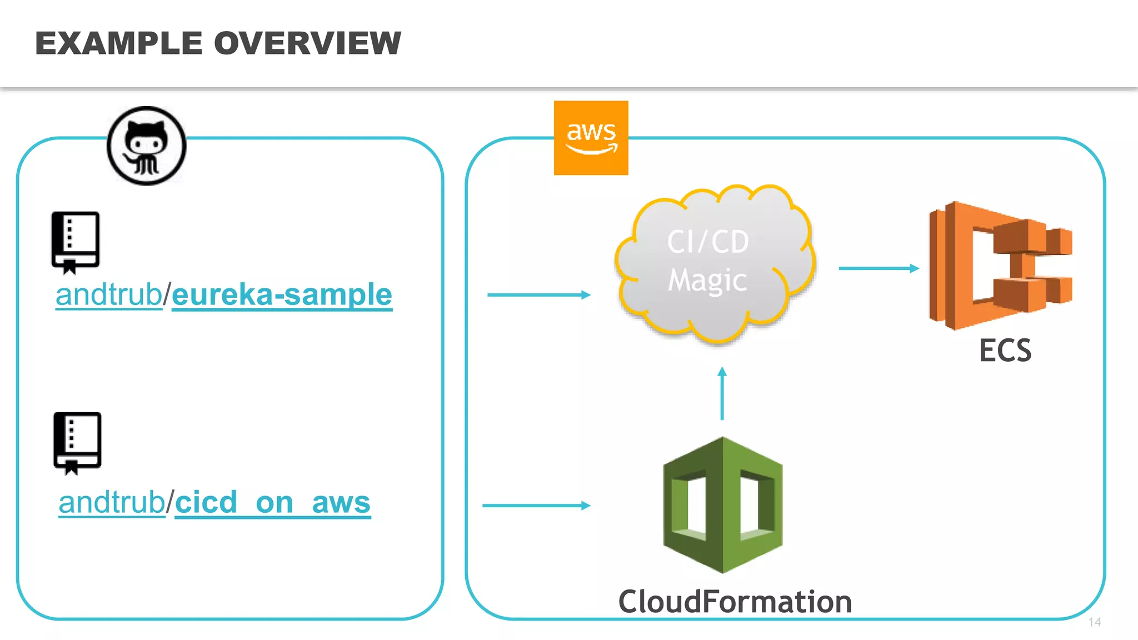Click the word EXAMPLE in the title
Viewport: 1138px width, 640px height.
[x=118, y=43]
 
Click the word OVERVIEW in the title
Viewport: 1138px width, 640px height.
[x=307, y=43]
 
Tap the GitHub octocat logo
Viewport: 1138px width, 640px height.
[x=146, y=146]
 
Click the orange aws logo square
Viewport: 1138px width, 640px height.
[x=591, y=138]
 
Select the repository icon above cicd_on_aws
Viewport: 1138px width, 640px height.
[x=77, y=443]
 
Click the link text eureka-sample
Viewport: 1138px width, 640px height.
[x=282, y=294]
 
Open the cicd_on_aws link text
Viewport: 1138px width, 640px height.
[x=272, y=503]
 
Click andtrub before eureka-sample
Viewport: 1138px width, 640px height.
[x=108, y=294]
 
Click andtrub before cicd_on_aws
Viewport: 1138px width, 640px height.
[x=112, y=503]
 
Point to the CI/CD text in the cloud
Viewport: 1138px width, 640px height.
[x=708, y=242]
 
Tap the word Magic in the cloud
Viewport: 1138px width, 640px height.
[x=707, y=280]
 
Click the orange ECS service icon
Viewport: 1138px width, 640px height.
[x=1000, y=266]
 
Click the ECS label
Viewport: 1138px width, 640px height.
[x=1005, y=351]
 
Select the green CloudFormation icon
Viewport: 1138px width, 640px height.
[x=722, y=504]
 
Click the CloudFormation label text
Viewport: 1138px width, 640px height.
[x=735, y=602]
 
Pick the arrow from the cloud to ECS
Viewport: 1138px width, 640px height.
[x=878, y=268]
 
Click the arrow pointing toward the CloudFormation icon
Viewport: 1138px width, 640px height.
[x=536, y=506]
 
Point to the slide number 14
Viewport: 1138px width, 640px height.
[x=1094, y=622]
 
